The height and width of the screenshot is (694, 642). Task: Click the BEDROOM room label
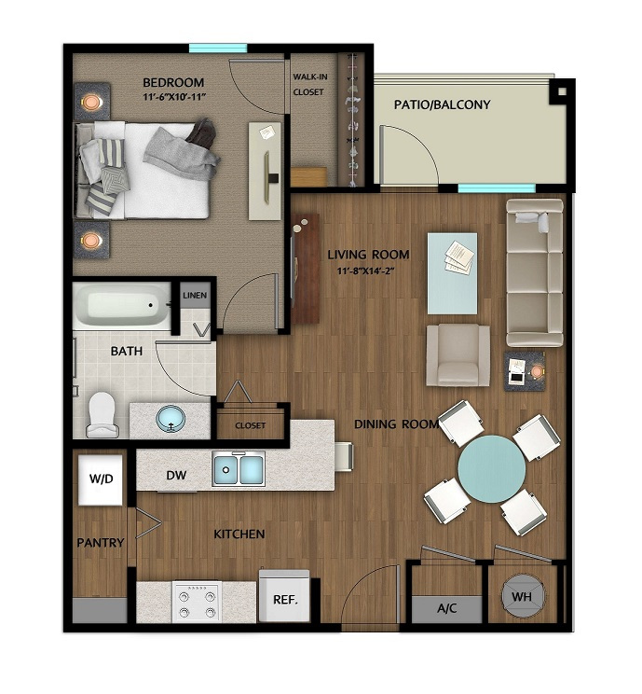[173, 82]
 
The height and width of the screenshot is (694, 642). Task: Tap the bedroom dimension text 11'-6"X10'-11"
[174, 97]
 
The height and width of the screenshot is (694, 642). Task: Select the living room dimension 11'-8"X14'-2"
[365, 271]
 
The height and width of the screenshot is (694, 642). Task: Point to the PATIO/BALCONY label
[443, 104]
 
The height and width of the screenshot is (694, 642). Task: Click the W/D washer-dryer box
[101, 479]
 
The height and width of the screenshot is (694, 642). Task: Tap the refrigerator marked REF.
[284, 596]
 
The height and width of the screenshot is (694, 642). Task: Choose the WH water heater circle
[522, 596]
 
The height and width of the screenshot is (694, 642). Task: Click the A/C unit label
[446, 608]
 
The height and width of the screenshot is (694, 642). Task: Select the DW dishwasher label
[176, 476]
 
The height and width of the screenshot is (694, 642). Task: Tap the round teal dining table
[492, 468]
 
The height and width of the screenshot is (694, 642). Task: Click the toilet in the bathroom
[102, 415]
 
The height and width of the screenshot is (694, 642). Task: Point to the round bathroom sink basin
[171, 419]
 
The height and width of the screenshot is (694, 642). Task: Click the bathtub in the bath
[122, 306]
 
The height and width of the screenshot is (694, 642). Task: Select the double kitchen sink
[239, 468]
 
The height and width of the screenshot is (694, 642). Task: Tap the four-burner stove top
[197, 601]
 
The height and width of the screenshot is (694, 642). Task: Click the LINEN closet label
[195, 295]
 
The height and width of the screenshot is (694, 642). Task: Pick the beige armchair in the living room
[458, 355]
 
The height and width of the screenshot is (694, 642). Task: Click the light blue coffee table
[452, 273]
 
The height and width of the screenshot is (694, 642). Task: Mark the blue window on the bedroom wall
[218, 49]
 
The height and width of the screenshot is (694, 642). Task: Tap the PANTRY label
[101, 543]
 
